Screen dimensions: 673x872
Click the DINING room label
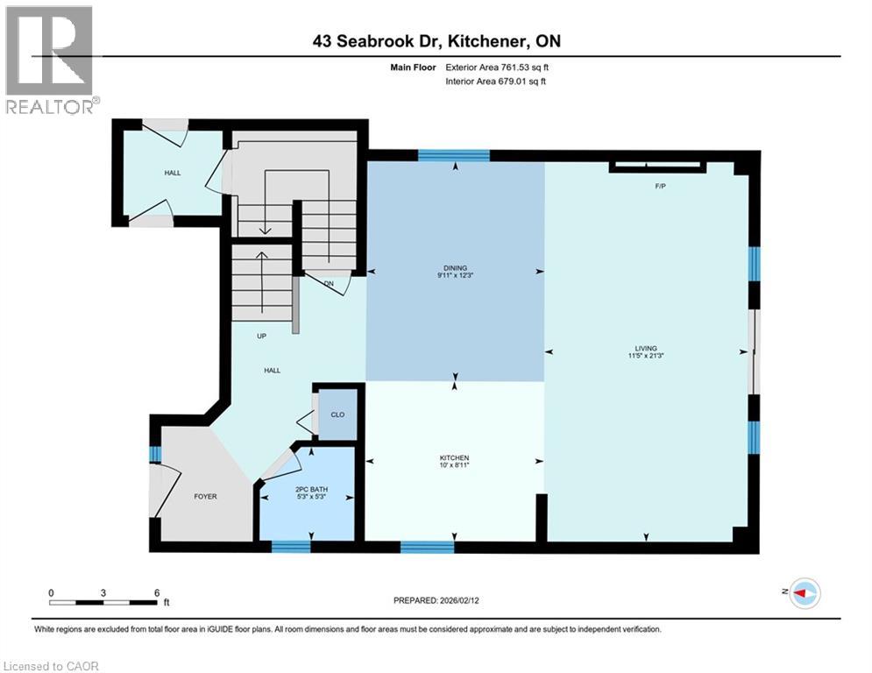click(x=455, y=268)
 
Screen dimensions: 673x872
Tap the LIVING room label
click(x=648, y=348)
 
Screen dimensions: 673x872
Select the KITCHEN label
click(x=455, y=458)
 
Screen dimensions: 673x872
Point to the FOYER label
click(x=205, y=496)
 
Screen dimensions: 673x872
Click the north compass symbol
click(x=804, y=593)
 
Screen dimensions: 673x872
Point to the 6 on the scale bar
click(x=156, y=593)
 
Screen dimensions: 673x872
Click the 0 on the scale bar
click(x=51, y=593)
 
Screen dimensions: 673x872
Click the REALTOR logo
click(x=49, y=59)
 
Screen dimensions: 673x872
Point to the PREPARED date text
click(x=436, y=600)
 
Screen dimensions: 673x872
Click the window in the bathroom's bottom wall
click(x=291, y=547)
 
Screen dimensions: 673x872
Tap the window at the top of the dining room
click(x=453, y=156)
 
